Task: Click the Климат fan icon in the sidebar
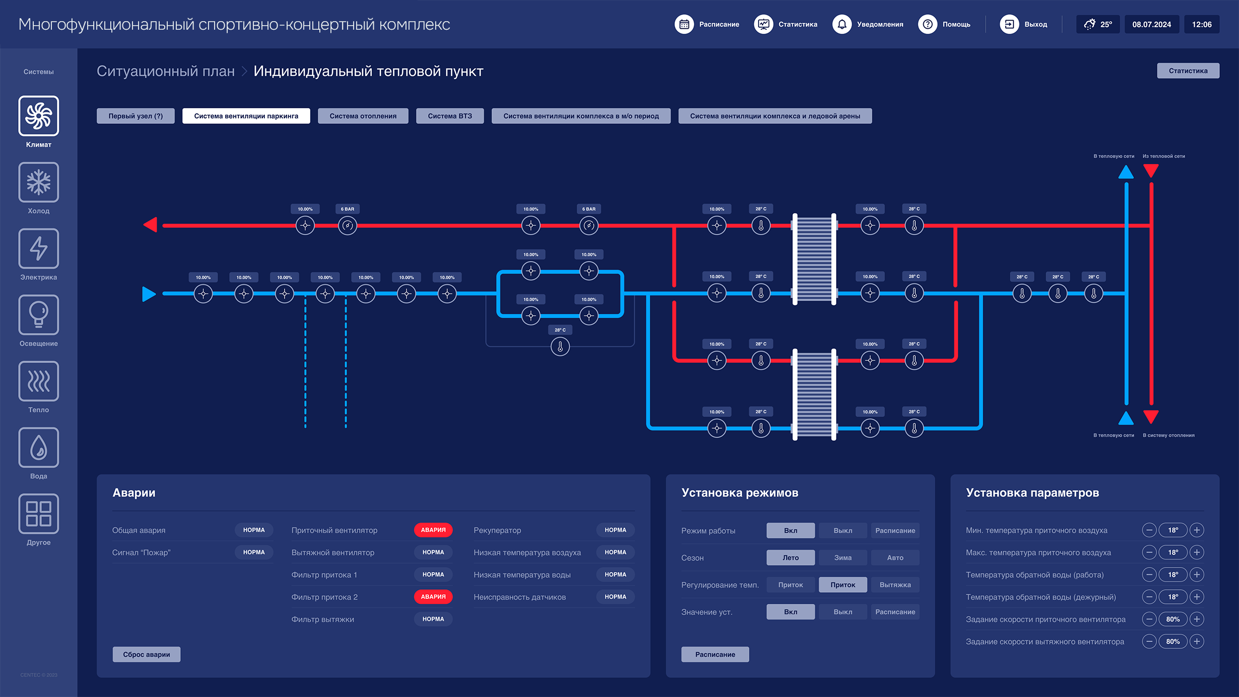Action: (x=39, y=116)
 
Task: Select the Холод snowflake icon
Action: (x=39, y=182)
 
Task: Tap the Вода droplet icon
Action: (x=39, y=448)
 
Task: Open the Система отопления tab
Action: (x=363, y=116)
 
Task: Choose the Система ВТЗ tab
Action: (x=450, y=116)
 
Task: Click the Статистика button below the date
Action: (x=1188, y=71)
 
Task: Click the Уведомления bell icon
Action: (x=842, y=24)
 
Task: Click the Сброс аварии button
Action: (x=147, y=654)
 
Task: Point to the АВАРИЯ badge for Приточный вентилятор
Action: (x=433, y=530)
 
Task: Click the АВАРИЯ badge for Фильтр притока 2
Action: (x=433, y=597)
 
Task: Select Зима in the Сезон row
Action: (x=843, y=557)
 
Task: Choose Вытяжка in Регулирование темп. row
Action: (x=895, y=585)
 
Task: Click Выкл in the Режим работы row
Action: (x=843, y=530)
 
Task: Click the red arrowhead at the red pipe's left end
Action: (x=151, y=225)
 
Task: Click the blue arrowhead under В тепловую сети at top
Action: (x=1126, y=173)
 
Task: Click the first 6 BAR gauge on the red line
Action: (x=348, y=226)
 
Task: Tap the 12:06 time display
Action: (x=1202, y=24)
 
